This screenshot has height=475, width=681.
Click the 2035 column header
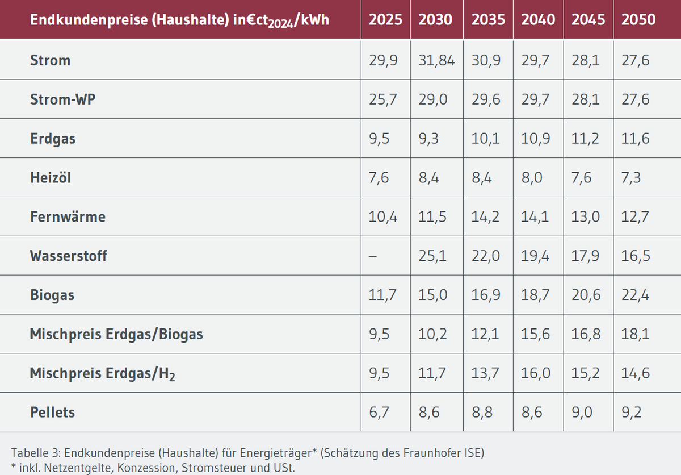(488, 19)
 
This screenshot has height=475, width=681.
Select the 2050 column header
(638, 19)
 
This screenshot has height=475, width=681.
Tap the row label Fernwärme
(68, 216)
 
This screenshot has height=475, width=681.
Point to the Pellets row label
(52, 412)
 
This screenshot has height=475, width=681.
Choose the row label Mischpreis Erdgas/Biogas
(116, 334)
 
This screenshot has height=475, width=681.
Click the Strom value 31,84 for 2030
(436, 60)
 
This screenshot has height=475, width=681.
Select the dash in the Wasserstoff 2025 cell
(373, 256)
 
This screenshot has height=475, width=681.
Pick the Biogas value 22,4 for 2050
(636, 295)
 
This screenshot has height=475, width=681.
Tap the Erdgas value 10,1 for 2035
(486, 139)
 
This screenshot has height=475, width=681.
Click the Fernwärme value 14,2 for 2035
(486, 216)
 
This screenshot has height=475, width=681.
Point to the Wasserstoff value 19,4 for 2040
(535, 256)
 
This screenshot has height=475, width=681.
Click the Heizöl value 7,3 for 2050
(632, 178)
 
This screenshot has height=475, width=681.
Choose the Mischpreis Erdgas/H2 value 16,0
(536, 373)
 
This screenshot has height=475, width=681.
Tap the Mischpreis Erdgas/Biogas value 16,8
(586, 334)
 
